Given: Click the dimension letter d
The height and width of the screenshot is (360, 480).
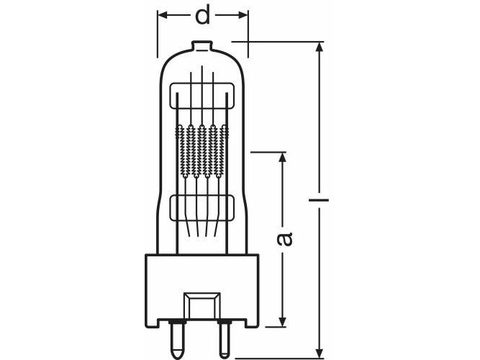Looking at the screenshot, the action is coord(203,15).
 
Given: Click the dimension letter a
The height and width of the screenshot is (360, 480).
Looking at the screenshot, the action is coord(284,239).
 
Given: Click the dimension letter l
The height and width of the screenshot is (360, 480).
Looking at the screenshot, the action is coord(319,200).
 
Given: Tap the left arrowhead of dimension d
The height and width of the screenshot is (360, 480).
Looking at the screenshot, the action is coord(163,14).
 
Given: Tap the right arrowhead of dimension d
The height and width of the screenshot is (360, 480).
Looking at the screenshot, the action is coord(242,14).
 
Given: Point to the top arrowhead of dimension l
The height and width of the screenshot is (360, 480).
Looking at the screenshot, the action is coord(320,48).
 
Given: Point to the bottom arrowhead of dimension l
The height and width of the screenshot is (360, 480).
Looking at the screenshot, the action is coord(320,352).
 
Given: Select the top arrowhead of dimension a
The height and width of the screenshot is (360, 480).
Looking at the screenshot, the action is coord(283,158).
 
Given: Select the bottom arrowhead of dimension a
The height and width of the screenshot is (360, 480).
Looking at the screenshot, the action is coord(283,321).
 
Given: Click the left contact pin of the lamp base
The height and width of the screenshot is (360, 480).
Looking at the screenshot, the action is coord(178,339).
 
